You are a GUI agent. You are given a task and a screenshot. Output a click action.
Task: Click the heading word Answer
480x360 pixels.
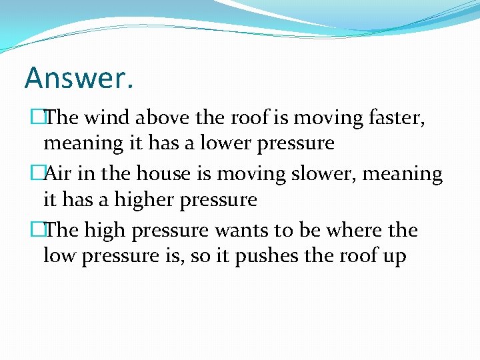coord(79,77)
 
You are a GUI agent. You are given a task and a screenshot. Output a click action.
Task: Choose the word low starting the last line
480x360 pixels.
coord(57,255)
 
